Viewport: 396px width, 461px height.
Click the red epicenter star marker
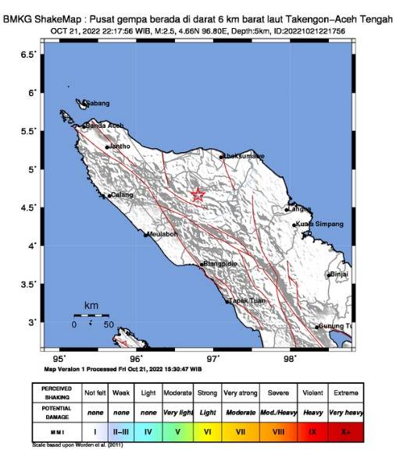coord(198,195)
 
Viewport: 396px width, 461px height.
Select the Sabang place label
coord(97,103)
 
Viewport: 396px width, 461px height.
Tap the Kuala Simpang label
coord(320,224)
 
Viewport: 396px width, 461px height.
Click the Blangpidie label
coord(220,264)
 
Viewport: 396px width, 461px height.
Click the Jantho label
coord(120,146)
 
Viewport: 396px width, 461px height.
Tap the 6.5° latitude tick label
coord(28,54)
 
